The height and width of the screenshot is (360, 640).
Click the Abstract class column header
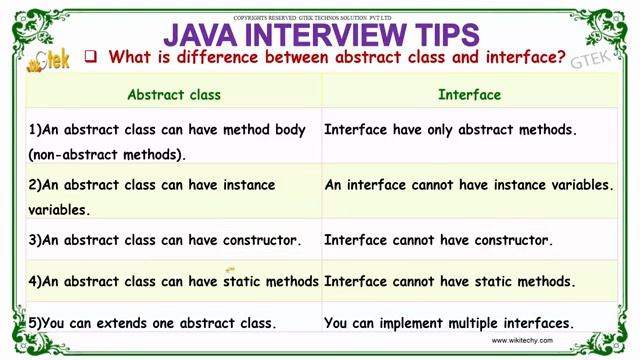pyautogui.click(x=174, y=95)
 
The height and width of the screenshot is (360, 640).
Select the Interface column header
pyautogui.click(x=469, y=95)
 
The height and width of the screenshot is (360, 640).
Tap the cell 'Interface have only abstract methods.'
pyautogui.click(x=451, y=130)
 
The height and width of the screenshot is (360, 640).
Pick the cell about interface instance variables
pyautogui.click(x=469, y=185)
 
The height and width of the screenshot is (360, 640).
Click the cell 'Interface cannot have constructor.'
pyautogui.click(x=439, y=240)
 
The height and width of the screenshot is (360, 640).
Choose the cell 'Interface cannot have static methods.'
pyautogui.click(x=450, y=282)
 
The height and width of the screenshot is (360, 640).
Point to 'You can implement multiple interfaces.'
pyautogui.click(x=449, y=323)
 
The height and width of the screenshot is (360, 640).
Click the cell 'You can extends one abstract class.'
pyautogui.click(x=152, y=323)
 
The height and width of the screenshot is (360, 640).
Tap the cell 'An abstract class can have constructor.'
pyautogui.click(x=165, y=240)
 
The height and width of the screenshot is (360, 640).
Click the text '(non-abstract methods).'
pyautogui.click(x=108, y=155)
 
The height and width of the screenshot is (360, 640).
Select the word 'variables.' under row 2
pyautogui.click(x=59, y=210)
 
